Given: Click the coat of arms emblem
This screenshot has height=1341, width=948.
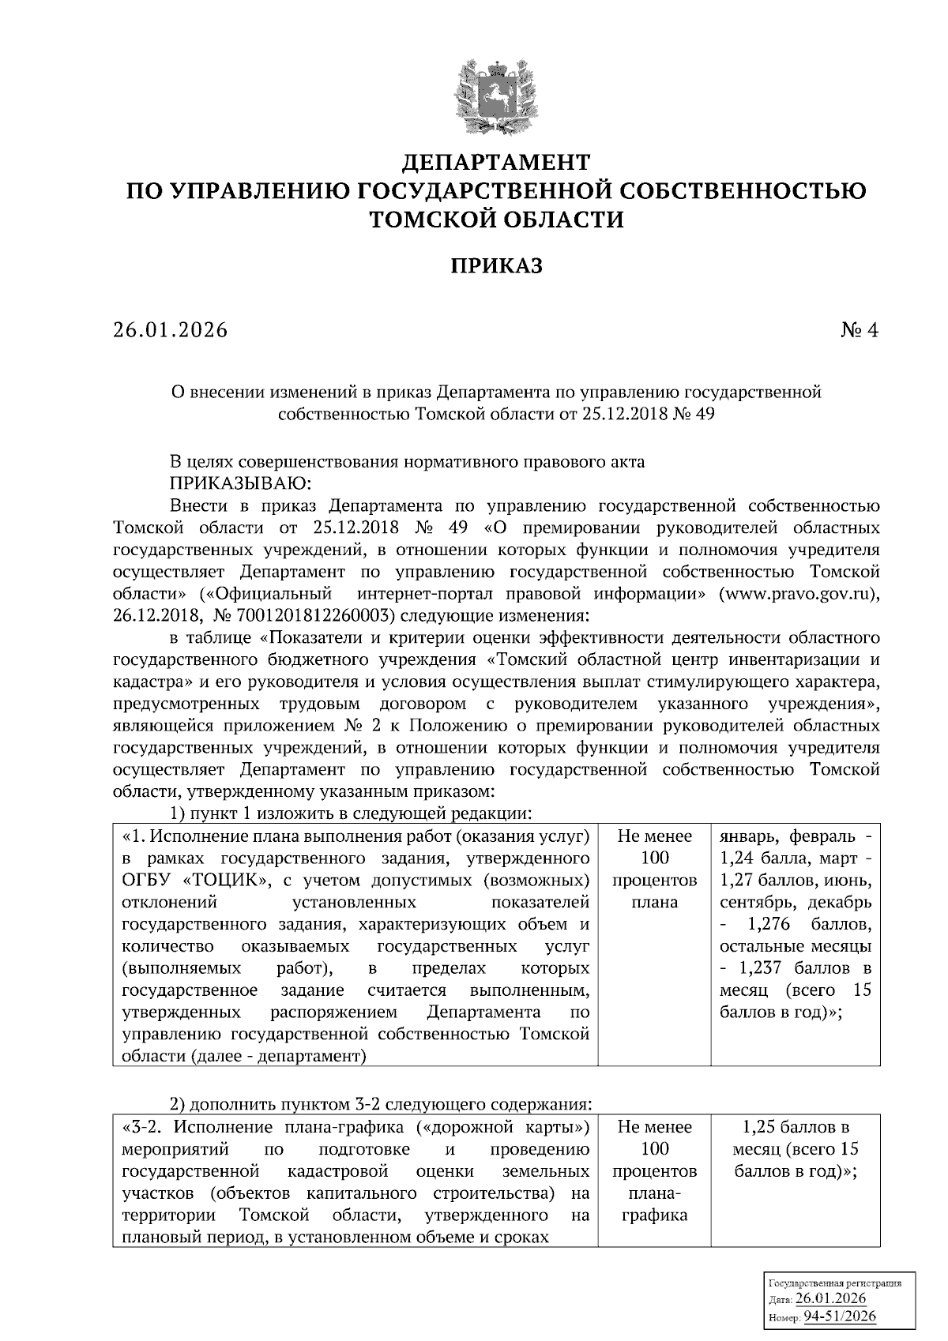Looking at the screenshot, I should point(497,90).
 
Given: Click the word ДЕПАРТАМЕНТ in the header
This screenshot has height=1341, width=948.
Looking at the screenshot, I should point(497,163).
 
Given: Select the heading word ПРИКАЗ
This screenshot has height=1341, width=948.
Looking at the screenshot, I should point(497,266).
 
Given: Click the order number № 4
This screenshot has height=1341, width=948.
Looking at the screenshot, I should point(860,330).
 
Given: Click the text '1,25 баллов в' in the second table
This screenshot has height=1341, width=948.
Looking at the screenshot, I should point(796,1127).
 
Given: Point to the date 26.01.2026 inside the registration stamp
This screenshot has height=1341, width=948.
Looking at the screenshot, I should point(830,1299).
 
